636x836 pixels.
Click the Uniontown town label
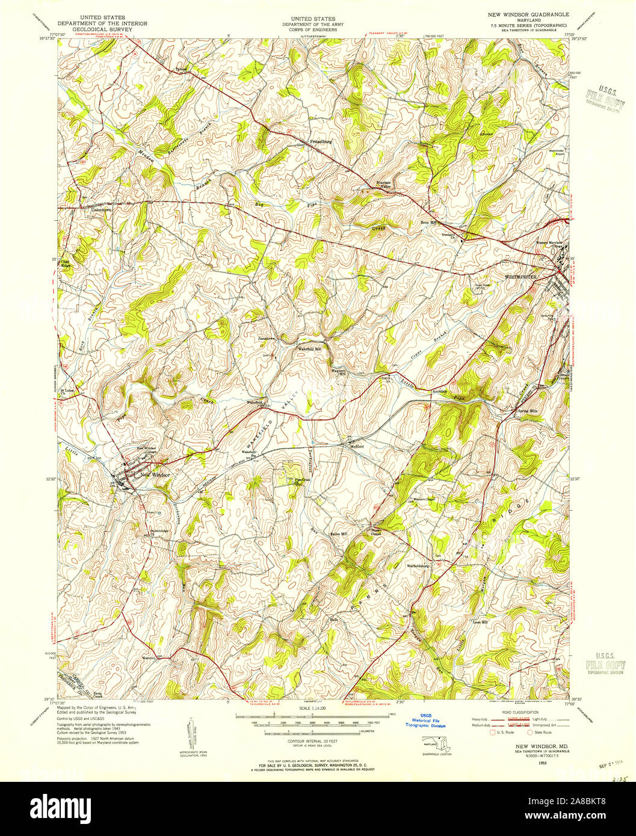point(100,211)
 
